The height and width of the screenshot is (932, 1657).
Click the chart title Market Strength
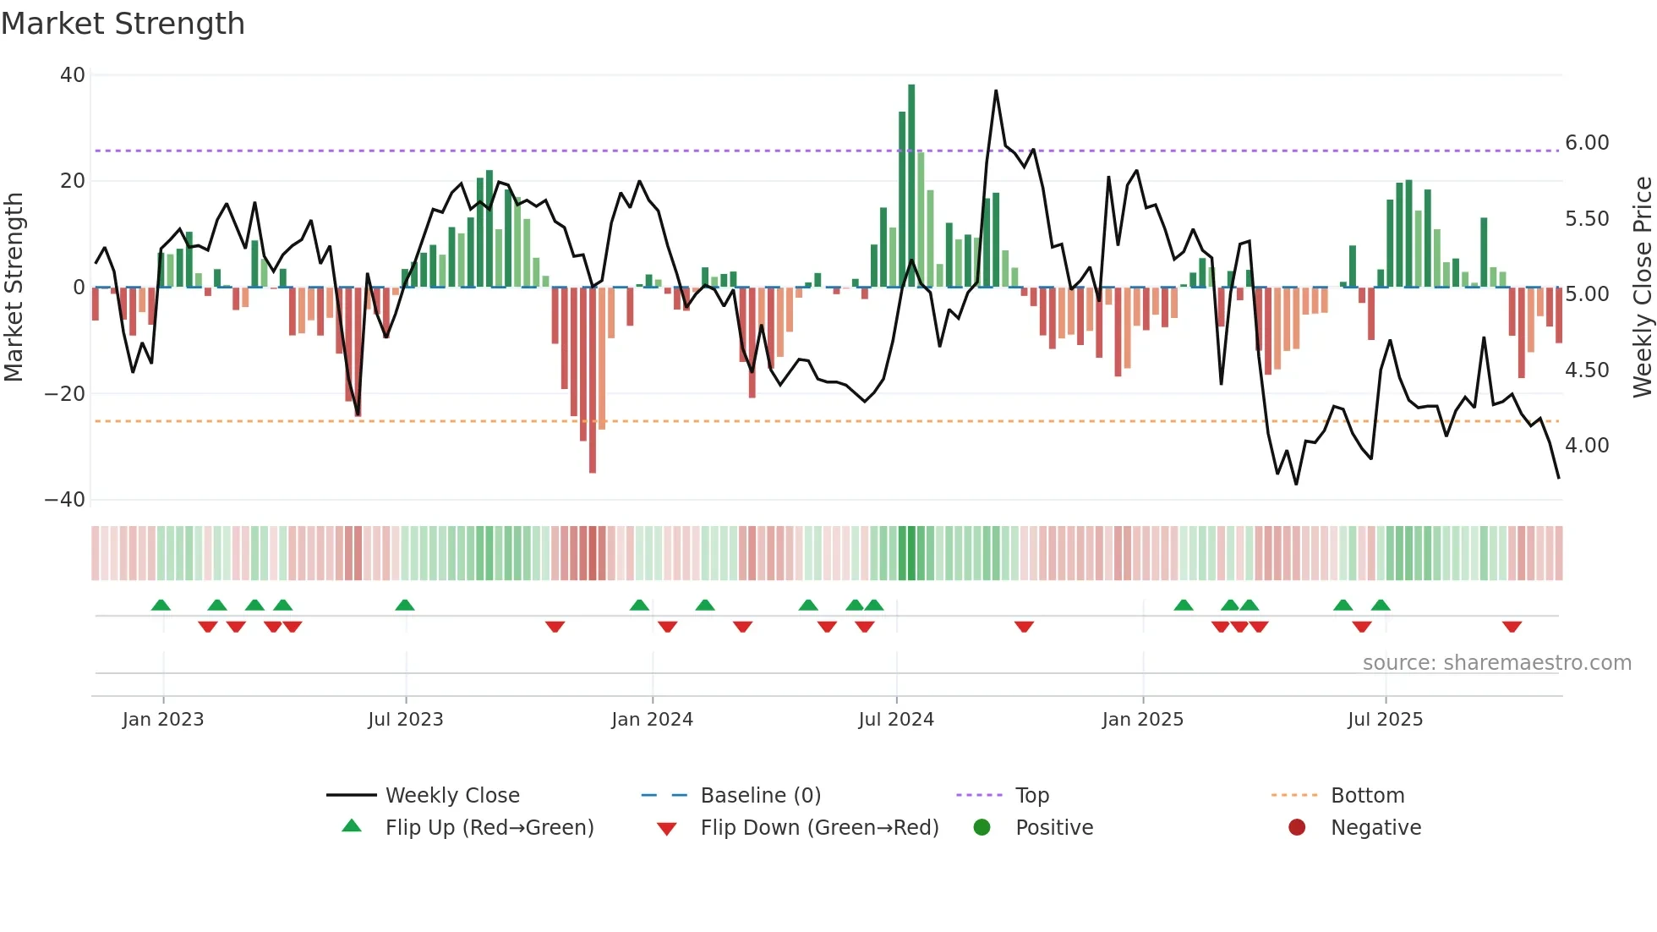point(123,24)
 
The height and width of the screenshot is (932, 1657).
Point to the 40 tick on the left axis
point(73,75)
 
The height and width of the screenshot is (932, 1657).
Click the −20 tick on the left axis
point(65,394)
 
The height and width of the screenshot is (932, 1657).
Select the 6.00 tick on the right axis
point(1587,143)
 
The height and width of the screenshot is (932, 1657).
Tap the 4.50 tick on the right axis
point(1587,370)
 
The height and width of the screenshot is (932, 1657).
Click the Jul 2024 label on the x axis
point(896,720)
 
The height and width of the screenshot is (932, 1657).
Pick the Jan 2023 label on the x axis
point(163,720)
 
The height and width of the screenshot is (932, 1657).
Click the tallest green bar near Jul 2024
point(911,186)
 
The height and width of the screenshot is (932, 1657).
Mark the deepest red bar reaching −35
point(593,381)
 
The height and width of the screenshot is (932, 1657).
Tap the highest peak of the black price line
point(996,91)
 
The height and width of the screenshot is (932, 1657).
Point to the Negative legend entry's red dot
point(1297,828)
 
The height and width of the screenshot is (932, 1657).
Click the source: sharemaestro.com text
point(1497,663)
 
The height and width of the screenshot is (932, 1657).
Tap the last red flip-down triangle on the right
point(1512,627)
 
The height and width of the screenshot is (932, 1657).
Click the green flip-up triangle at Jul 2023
point(405,605)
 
